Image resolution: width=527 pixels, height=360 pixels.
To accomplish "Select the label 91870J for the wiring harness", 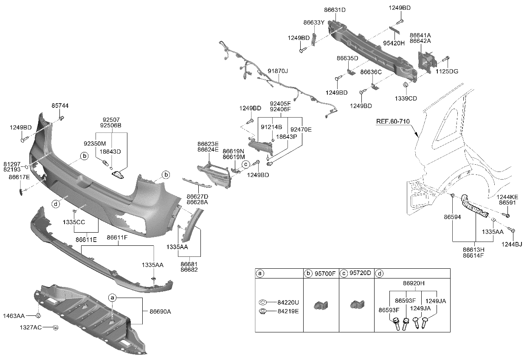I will click(278, 71).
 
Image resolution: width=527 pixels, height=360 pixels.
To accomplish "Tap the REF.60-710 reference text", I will click(393, 121).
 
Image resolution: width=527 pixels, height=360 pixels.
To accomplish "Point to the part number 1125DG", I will click(447, 71).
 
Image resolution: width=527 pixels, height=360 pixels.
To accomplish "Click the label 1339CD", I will click(406, 98).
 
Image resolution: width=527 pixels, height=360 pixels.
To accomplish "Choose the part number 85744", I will click(60, 105).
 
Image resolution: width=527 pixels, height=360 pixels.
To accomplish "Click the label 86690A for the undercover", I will click(160, 311).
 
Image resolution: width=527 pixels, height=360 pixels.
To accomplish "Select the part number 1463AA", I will click(14, 315).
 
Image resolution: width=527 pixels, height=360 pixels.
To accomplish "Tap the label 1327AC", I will click(30, 328).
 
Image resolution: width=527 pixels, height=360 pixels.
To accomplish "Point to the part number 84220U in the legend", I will click(289, 302).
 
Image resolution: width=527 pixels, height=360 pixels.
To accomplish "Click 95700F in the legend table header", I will click(325, 273).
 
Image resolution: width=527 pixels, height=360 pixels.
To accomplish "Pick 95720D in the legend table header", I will click(361, 273).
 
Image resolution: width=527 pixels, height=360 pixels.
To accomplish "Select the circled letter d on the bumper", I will click(56, 204).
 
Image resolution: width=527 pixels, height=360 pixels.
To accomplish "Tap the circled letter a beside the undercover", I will click(113, 298).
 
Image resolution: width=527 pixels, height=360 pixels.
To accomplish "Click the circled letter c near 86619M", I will click(245, 164).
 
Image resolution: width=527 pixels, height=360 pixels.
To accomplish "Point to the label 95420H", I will click(395, 43).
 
